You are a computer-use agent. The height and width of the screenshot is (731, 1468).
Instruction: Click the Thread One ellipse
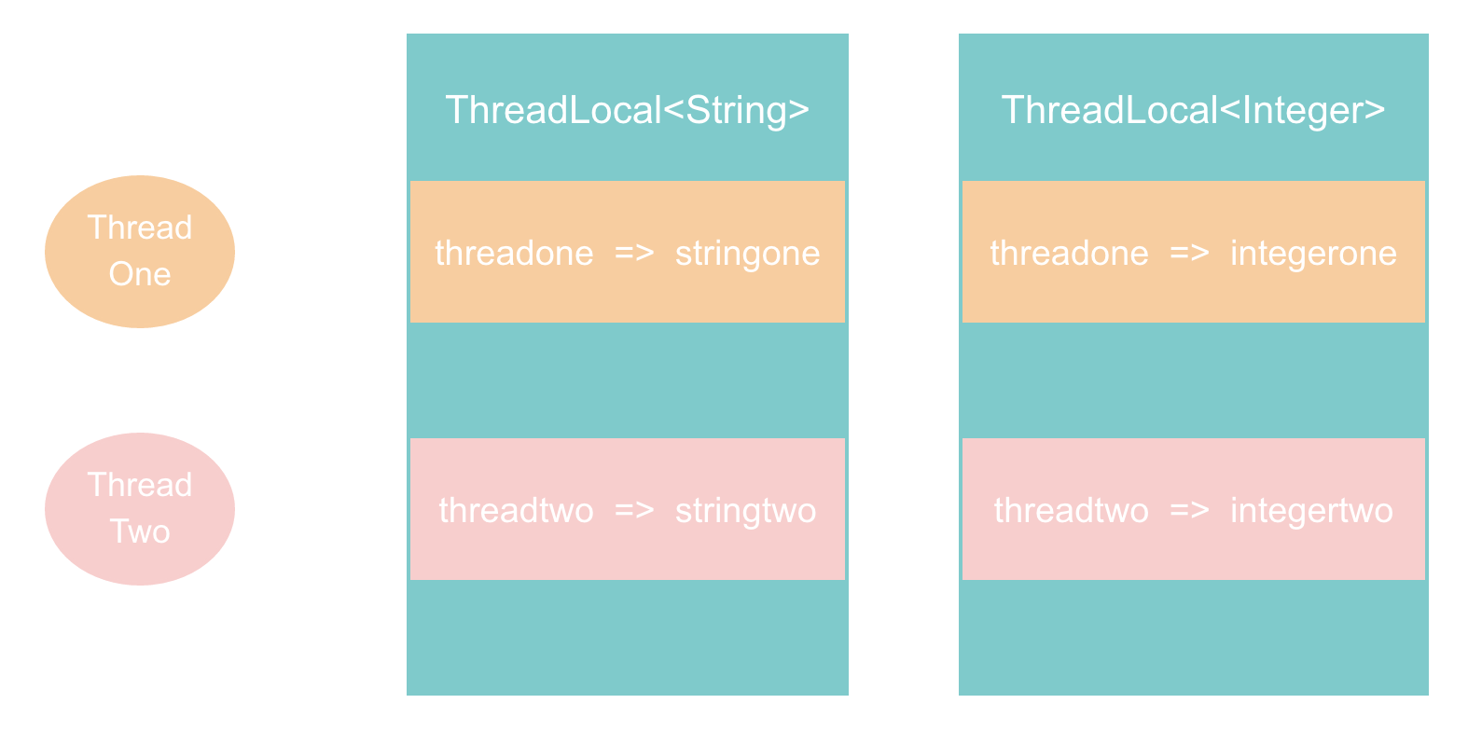(140, 252)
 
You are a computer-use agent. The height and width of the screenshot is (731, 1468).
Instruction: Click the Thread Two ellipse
(140, 509)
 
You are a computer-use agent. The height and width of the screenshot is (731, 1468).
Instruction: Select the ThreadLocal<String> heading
(628, 110)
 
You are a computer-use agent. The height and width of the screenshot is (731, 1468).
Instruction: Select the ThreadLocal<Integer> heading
(1193, 110)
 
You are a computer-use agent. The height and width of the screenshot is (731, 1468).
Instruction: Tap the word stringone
(747, 254)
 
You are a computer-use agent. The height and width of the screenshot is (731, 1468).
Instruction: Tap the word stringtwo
(745, 511)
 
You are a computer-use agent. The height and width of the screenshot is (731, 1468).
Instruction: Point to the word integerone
(1313, 254)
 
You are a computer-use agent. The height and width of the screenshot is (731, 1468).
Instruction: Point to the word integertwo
(1311, 511)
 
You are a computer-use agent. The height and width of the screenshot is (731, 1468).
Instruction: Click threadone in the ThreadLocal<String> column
(514, 254)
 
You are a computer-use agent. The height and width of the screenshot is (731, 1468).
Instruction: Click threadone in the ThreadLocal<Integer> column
(1069, 254)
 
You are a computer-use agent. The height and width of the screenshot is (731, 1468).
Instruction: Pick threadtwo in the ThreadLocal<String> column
(516, 511)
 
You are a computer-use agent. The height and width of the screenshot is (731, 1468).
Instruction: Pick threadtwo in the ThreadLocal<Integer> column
(1071, 511)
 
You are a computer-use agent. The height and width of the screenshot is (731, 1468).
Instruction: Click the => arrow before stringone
(634, 254)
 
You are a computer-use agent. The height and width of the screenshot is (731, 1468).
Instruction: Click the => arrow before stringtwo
(634, 511)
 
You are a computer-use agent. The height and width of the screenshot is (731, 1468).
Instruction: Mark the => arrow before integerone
(1189, 254)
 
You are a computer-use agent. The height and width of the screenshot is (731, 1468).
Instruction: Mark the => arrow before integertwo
(1189, 511)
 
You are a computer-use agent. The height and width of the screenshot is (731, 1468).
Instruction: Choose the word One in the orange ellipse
(140, 274)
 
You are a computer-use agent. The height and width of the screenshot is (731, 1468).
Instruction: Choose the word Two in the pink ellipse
(140, 531)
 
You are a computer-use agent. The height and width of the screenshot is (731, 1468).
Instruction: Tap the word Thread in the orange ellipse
(140, 228)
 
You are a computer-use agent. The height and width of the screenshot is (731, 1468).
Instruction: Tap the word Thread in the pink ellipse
(140, 485)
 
